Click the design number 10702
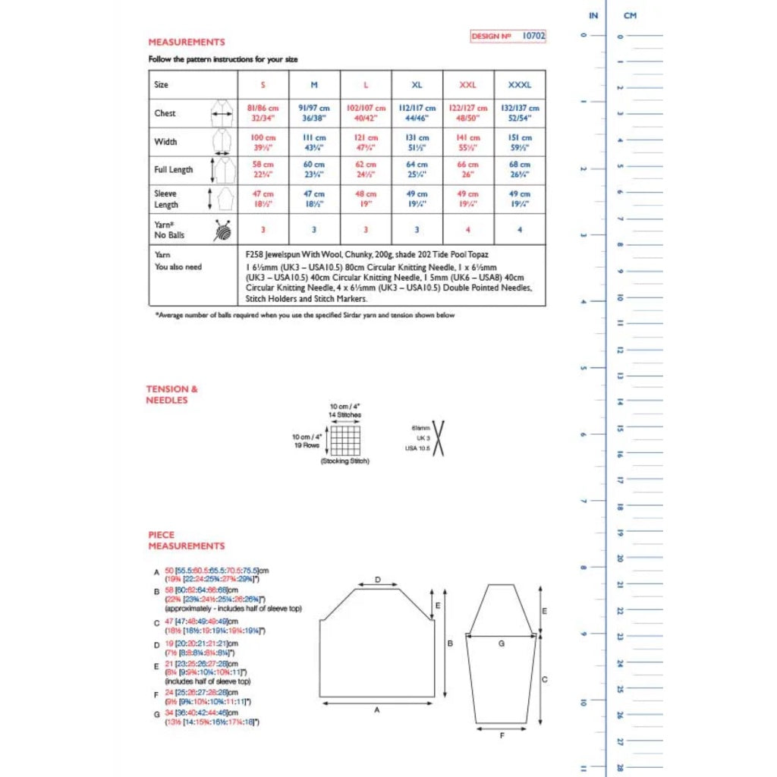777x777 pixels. point(534,36)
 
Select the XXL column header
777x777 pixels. point(468,85)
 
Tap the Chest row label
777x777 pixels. point(165,113)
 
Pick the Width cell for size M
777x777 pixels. point(314,142)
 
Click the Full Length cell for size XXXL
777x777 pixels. point(520,169)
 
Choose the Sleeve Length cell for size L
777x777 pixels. point(366,199)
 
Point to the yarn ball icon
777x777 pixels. point(222,229)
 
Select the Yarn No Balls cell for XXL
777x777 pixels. point(468,229)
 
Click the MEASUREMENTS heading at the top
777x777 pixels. point(187,42)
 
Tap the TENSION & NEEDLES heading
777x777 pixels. point(167,395)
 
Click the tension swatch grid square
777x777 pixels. point(344,440)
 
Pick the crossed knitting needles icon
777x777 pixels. point(438,439)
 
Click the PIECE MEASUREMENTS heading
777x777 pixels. point(186,540)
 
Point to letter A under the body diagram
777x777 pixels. point(376,711)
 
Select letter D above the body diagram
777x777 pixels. point(378,580)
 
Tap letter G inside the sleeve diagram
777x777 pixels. point(502,643)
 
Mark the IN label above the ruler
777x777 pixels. point(593,15)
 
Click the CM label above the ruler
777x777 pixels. point(630,15)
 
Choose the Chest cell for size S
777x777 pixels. point(263,113)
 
